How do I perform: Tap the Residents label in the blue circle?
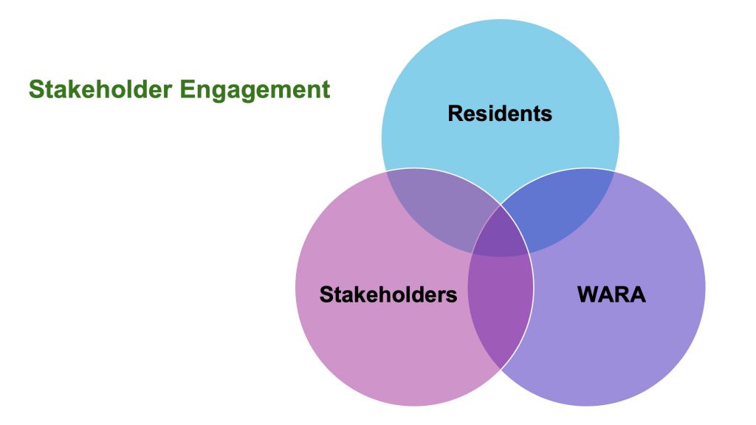(500, 114)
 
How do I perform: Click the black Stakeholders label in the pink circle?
(388, 295)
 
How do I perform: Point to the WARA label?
(611, 295)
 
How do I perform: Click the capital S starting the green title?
(35, 90)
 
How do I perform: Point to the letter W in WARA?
(588, 295)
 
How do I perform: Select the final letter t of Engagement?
(326, 90)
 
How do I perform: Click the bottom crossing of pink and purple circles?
(501, 368)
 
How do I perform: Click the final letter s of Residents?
(548, 115)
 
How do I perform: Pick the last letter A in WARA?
(638, 295)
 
